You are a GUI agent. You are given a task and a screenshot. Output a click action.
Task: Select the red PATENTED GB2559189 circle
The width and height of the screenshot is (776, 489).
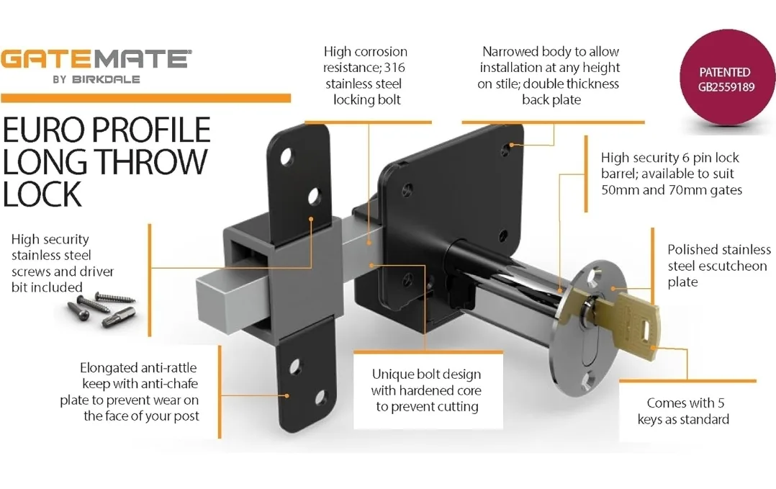click(724, 80)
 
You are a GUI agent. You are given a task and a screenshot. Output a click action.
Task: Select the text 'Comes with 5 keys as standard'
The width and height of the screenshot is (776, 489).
click(683, 411)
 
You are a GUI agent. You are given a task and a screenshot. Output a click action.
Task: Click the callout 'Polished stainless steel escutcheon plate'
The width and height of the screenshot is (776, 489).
click(718, 266)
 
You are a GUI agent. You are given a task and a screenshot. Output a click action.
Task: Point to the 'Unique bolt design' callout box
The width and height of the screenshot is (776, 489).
click(425, 390)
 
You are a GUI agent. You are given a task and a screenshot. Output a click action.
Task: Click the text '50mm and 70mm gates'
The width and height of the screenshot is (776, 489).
click(671, 190)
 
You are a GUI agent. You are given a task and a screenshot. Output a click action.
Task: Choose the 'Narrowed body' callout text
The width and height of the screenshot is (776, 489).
click(551, 76)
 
